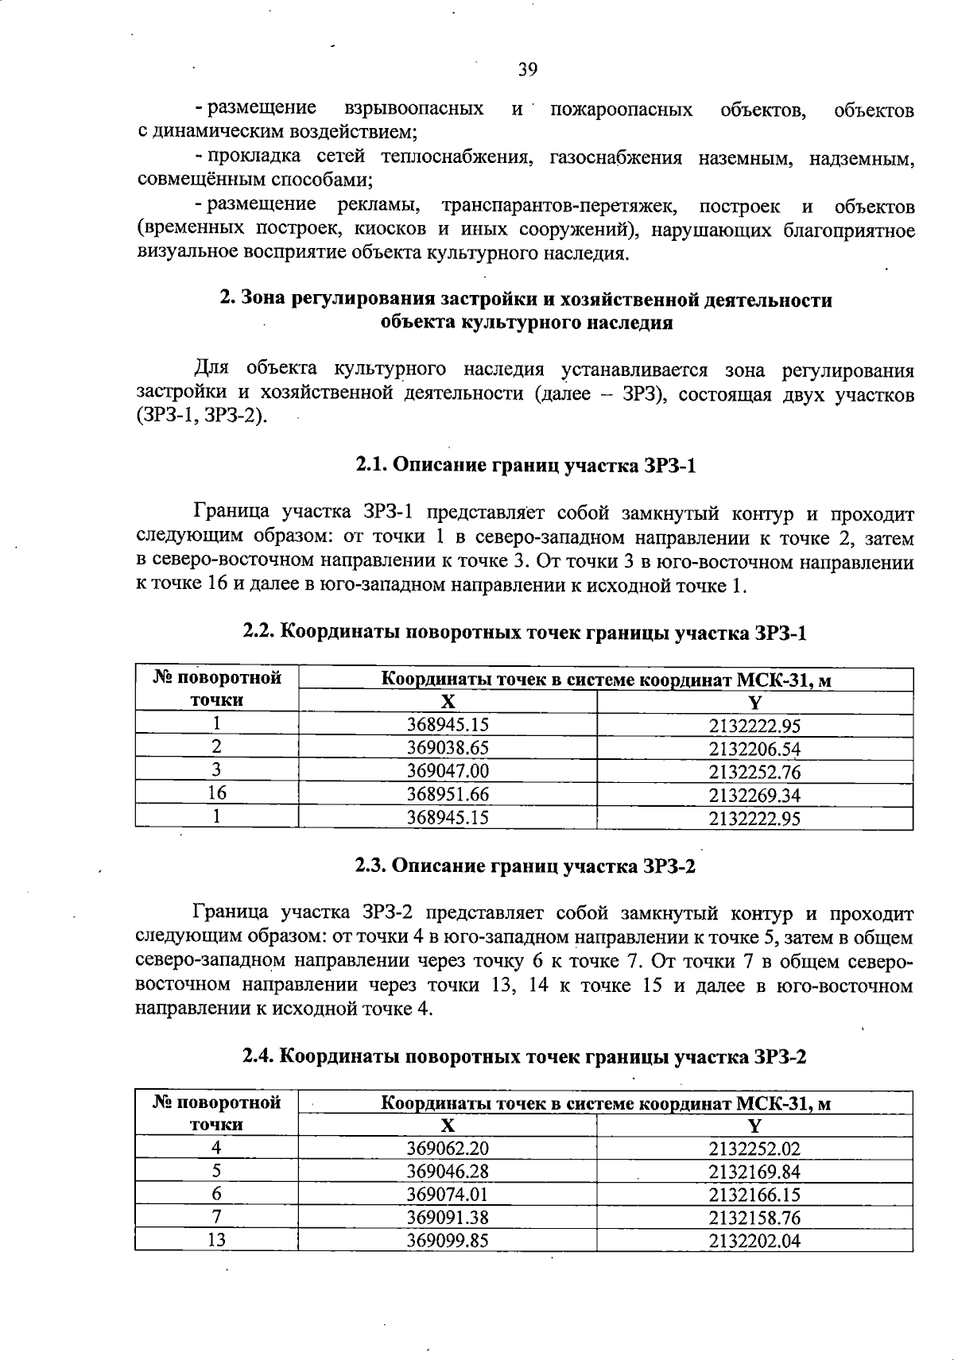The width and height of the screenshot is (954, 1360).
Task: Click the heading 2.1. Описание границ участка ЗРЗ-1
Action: [x=525, y=465]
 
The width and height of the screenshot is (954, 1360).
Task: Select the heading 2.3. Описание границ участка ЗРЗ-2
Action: [x=525, y=866]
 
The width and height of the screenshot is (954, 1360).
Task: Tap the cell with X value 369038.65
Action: [x=448, y=748]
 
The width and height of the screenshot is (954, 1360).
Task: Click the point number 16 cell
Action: [x=216, y=793]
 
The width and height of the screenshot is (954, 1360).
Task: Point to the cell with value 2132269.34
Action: [x=754, y=795]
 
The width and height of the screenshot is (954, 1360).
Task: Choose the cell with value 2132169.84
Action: [x=754, y=1172]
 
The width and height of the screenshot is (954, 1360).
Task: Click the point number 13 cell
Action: [x=216, y=1240]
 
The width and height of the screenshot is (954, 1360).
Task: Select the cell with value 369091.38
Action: [x=448, y=1218]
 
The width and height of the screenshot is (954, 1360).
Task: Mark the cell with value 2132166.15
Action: [x=754, y=1195]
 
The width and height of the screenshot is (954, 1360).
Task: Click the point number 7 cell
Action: [x=216, y=1217]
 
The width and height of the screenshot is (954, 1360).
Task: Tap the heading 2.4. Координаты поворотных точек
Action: [x=525, y=1057]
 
